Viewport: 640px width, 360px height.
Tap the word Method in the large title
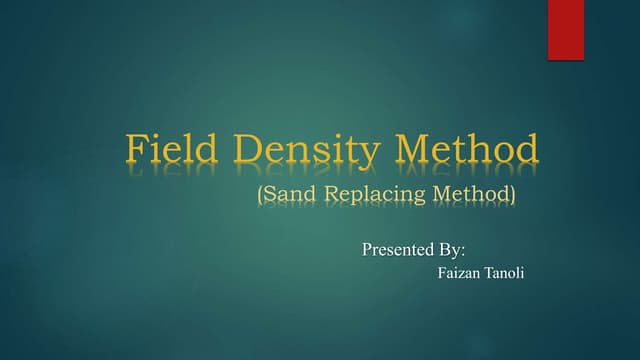468,150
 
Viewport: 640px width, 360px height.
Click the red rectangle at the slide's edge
565,30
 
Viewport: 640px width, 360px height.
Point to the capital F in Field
136,150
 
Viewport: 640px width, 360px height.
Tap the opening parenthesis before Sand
260,194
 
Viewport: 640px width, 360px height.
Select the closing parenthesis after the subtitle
514,194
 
